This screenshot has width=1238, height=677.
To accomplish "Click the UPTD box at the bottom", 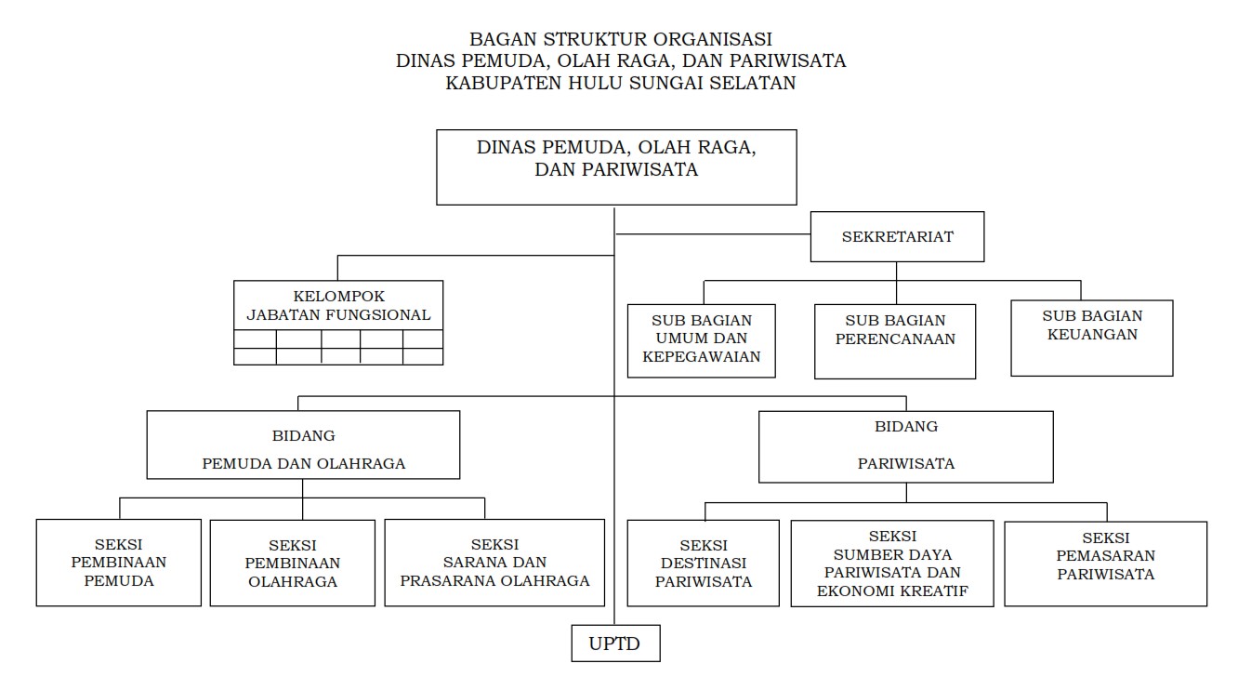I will [x=615, y=643].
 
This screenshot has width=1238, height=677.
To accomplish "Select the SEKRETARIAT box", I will [x=897, y=236].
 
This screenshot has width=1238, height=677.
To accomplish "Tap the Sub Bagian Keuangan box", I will [x=1091, y=337].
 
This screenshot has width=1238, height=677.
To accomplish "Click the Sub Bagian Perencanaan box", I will [x=895, y=341].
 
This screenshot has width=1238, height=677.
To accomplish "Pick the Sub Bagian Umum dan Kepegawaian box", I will [x=702, y=339].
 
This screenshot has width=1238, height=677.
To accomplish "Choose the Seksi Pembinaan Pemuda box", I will [x=119, y=563].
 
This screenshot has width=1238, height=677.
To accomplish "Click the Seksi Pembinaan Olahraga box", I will [x=292, y=564].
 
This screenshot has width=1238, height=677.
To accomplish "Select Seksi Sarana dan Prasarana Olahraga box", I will [x=494, y=563].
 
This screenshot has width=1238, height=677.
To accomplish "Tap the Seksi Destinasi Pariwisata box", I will [x=704, y=564].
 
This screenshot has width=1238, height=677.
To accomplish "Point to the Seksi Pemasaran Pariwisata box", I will [x=1105, y=564].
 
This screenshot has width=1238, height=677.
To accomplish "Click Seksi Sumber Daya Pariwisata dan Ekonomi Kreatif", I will [x=892, y=564].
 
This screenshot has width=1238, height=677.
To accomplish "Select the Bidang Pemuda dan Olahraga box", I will [x=303, y=445].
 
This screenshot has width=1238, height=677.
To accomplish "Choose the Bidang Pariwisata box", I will [x=905, y=446].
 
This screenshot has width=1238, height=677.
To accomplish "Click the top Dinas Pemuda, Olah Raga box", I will [x=616, y=167].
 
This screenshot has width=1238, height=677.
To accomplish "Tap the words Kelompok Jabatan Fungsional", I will [x=338, y=306].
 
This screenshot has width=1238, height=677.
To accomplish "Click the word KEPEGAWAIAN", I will [x=702, y=356].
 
